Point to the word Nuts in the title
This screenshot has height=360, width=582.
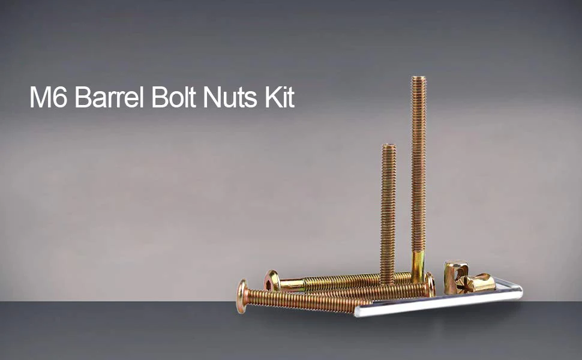(230, 97)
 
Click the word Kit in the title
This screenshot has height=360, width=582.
(280, 97)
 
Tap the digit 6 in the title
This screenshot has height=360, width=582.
(59, 97)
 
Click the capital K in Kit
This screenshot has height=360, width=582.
(272, 97)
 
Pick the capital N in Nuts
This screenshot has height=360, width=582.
(212, 97)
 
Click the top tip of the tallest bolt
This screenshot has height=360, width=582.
(419, 77)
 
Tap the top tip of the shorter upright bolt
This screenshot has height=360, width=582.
(388, 145)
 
